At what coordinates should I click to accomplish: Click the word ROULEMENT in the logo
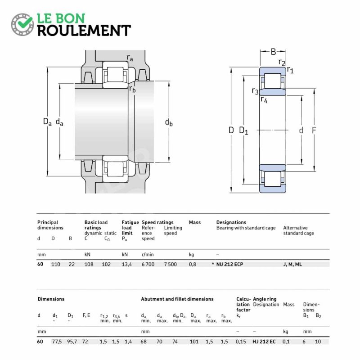tap(84, 30)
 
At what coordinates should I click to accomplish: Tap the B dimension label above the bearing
tap(273, 52)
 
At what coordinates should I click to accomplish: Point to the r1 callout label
tap(290, 70)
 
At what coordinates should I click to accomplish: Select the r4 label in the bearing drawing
tap(264, 100)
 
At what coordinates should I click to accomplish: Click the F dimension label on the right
tap(314, 130)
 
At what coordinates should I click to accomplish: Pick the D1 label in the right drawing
tap(243, 130)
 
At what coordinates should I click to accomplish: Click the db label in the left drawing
tap(169, 122)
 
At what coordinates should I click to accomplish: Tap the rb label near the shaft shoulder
tap(132, 89)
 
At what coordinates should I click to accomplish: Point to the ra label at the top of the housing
tap(130, 58)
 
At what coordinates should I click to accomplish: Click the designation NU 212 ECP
tap(229, 264)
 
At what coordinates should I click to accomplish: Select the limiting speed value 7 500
tap(170, 264)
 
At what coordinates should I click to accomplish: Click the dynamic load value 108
tap(89, 264)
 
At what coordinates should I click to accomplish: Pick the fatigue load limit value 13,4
tap(127, 264)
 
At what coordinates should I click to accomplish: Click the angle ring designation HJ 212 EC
tap(264, 342)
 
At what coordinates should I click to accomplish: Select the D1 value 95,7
tap(72, 342)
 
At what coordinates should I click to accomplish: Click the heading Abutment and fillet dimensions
tap(177, 299)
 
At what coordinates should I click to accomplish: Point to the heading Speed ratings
tap(157, 222)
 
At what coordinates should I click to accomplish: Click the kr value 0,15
tap(241, 342)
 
